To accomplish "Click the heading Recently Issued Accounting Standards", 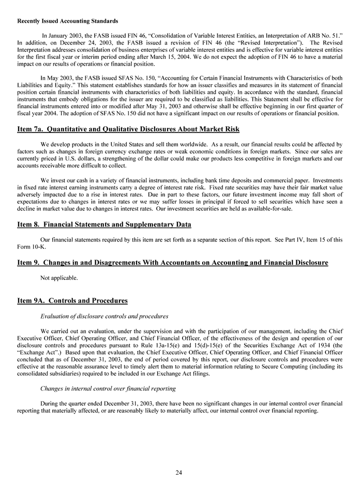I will [x=68, y=21].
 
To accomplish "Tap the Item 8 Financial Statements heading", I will [x=104, y=224].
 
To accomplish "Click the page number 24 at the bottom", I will [x=178, y=472].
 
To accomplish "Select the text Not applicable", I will [x=59, y=278].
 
